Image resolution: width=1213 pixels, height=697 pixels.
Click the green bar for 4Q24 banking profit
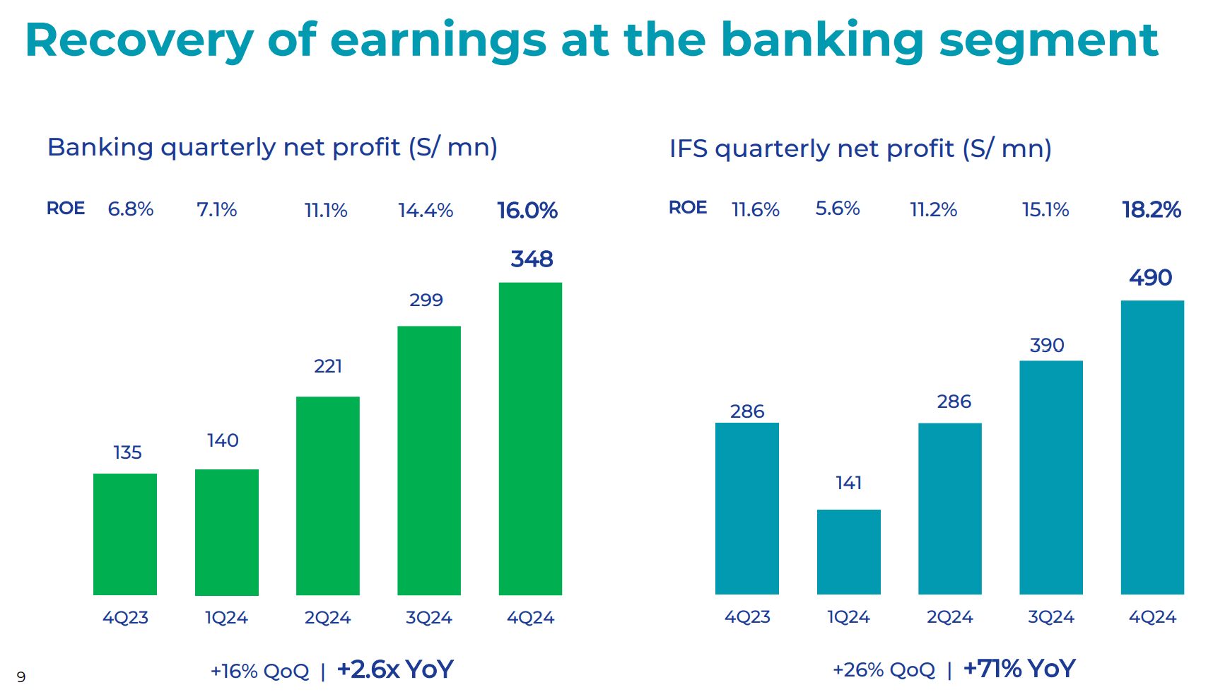coord(530,438)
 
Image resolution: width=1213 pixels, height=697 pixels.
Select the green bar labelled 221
coord(327,495)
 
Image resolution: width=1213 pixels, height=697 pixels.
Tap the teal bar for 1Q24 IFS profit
coord(848,551)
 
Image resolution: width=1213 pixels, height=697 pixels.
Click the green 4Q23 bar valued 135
coord(125,534)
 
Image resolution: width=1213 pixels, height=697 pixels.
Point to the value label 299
coord(426,300)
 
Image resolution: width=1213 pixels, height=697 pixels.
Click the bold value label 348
coord(532,259)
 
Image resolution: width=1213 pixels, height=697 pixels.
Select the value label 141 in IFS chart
coord(848,483)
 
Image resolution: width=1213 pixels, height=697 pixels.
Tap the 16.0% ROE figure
coord(527,211)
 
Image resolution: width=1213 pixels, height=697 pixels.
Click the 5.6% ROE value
coord(838,209)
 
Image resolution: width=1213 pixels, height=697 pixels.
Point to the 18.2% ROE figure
coord(1152,210)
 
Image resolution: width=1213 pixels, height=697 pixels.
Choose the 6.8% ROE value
coord(131,209)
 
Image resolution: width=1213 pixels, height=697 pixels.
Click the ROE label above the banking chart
coord(66,209)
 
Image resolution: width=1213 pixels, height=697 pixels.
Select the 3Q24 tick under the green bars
coord(428,618)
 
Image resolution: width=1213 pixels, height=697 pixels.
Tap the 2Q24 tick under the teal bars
coord(949,617)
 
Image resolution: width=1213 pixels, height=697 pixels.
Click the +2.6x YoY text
coord(394,669)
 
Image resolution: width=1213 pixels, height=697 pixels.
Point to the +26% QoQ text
coord(884,669)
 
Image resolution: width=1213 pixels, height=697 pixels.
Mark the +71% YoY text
coord(1019,669)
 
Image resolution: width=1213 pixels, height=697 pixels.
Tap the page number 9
coord(21,677)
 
